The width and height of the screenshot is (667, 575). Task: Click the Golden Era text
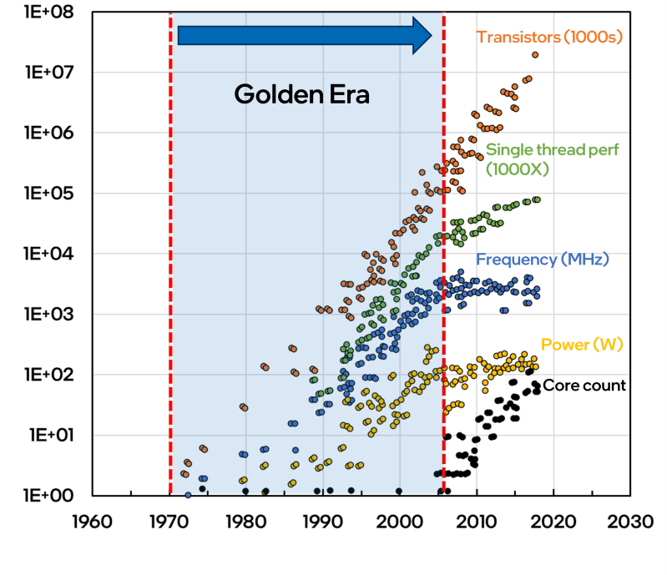click(x=301, y=94)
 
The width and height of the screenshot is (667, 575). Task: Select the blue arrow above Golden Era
click(x=305, y=35)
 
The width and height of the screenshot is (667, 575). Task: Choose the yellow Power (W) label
click(x=583, y=344)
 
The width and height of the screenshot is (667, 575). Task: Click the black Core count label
click(x=584, y=386)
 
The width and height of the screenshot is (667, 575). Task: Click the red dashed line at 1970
click(x=170, y=250)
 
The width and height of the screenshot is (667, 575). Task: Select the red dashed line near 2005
click(x=443, y=250)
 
